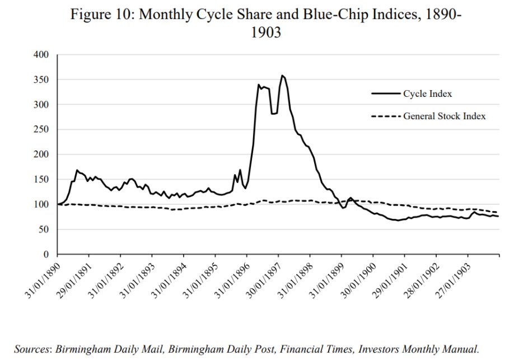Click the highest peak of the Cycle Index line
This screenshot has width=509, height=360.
[282, 76]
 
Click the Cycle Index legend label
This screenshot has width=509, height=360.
[427, 93]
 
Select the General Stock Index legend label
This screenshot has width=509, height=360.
[444, 116]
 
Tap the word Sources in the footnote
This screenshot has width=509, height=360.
[32, 348]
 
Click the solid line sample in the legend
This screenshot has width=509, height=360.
[385, 93]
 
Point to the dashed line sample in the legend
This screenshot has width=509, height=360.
[385, 116]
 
